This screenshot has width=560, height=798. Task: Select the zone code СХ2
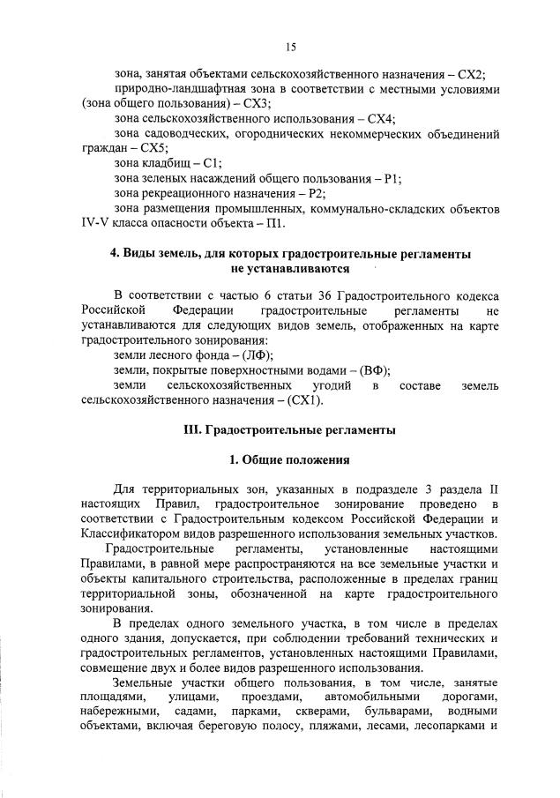(474, 75)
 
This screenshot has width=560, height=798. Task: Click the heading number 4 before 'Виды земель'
(113, 253)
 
